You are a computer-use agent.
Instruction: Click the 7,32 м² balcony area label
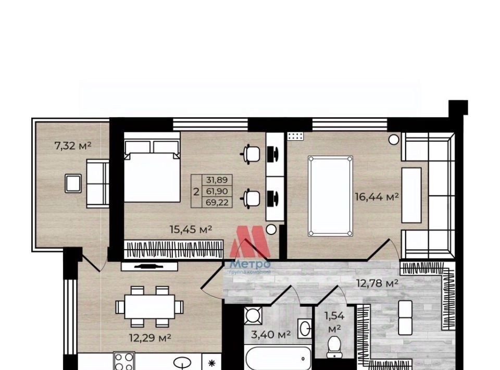(x=73, y=146)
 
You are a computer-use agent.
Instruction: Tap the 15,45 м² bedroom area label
(x=191, y=229)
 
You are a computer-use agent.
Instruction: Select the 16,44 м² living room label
(x=377, y=197)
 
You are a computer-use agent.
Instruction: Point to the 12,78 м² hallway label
(x=377, y=283)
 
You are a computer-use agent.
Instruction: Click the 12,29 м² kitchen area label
(x=150, y=338)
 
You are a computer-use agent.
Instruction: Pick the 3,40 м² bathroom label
(x=271, y=335)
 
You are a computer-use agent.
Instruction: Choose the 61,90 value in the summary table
(x=217, y=191)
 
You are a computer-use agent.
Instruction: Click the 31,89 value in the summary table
(x=217, y=180)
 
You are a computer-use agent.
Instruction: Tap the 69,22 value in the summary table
(x=217, y=203)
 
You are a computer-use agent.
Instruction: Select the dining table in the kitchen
(x=149, y=306)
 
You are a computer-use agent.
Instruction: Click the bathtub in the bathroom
(x=278, y=358)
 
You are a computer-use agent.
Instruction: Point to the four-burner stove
(x=124, y=361)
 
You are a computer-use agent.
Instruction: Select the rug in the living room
(x=330, y=196)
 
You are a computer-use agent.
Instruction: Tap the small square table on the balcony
(x=73, y=183)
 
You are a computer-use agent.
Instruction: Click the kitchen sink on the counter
(x=182, y=363)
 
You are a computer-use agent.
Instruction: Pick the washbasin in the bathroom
(x=305, y=328)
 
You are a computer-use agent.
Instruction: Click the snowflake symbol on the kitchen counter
(x=211, y=363)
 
